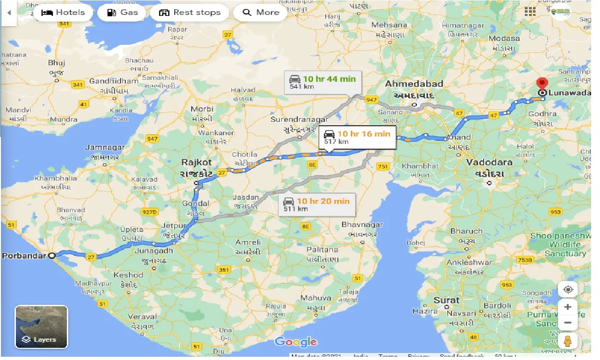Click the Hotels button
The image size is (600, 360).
pos(63,12)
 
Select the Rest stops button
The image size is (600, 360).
pos(189,12)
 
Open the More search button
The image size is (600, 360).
pos(261,12)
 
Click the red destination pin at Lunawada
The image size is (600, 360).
pos(542,84)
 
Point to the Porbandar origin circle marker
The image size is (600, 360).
pos(52,256)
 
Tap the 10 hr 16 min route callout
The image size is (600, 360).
pos(357,137)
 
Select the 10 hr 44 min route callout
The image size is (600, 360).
pos(322,82)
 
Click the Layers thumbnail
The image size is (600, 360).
pos(42,327)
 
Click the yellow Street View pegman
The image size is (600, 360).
pos(568,341)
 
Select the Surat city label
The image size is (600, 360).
pos(446,300)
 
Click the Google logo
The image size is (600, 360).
pos(296,342)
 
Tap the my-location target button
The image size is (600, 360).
pos(568,289)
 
